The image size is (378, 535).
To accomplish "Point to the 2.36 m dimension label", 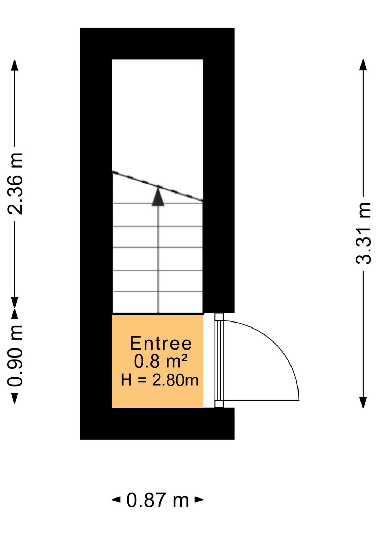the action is tap(15, 183).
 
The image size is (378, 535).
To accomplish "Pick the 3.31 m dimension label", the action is tap(363, 233).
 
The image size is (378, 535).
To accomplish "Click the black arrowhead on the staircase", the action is tap(158, 196).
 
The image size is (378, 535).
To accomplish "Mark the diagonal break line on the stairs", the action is tap(157, 186).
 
